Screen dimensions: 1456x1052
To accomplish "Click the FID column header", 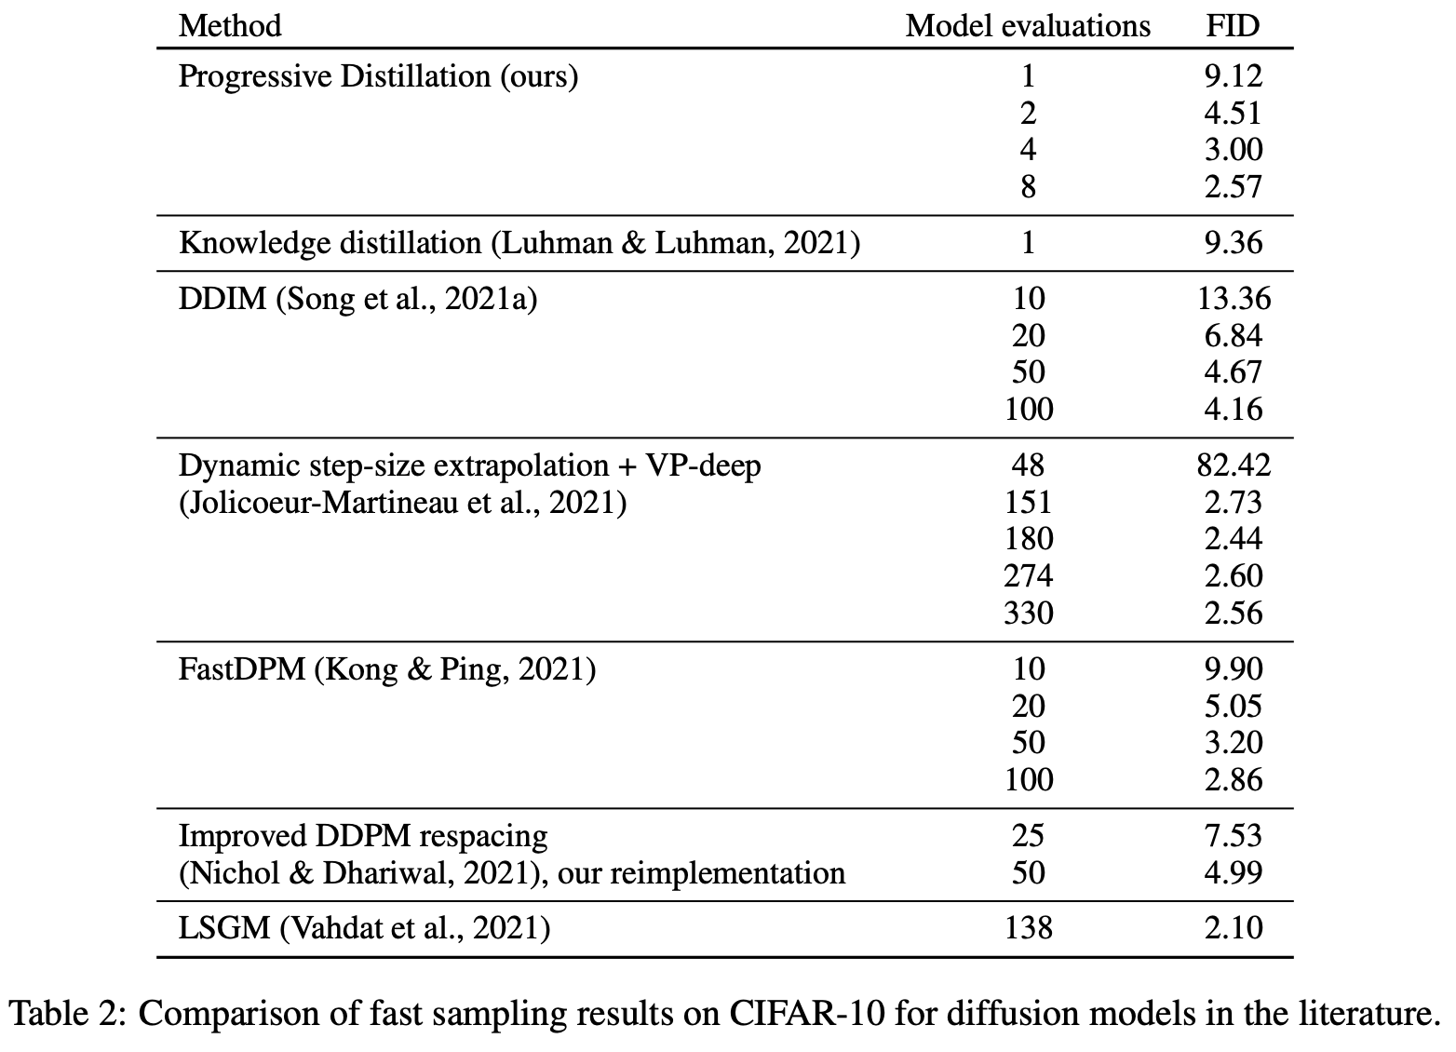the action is (1234, 26).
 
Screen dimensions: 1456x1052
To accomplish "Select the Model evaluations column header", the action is (1028, 26).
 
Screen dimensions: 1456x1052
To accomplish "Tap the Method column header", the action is (230, 26).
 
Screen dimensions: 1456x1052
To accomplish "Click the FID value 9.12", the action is (1234, 76).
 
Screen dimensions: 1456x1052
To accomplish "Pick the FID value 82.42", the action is (1234, 465).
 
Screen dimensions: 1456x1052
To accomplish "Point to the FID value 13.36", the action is (1234, 299).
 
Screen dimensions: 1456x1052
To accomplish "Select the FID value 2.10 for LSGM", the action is (1234, 928).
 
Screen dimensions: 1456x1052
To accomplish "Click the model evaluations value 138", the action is (1029, 928).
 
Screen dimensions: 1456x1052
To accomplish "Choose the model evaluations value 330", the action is (1029, 614).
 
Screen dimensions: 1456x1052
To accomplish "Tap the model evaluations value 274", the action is (1029, 576).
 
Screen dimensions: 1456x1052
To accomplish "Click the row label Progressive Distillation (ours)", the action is (378, 76).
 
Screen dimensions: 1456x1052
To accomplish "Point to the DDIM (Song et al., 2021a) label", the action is (358, 299).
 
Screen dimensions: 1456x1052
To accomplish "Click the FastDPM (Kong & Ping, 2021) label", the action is (387, 669).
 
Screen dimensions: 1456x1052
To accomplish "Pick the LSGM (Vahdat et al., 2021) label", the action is (365, 928).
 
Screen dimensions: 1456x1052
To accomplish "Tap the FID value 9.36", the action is (1234, 243).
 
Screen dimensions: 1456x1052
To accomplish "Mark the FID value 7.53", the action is (1234, 836).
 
